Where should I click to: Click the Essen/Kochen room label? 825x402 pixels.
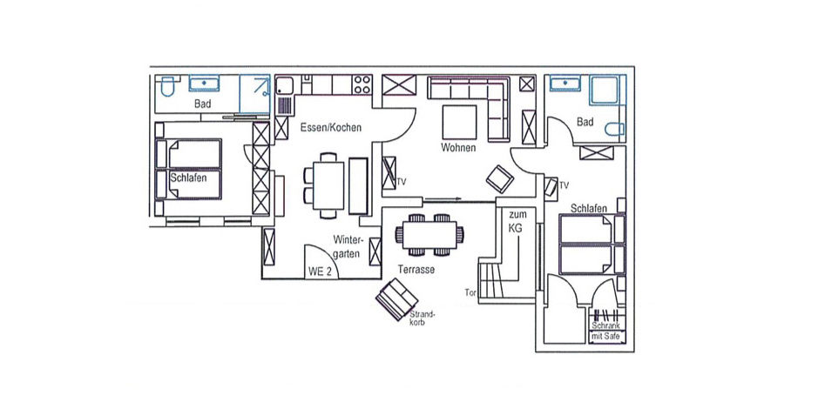331,127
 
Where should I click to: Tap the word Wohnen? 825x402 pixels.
458,148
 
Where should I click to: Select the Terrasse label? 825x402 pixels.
416,270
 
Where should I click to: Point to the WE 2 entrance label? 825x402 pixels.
320,272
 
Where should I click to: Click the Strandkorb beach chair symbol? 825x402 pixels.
396,299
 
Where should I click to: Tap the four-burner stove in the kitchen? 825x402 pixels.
362,84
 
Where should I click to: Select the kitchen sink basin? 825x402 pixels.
285,85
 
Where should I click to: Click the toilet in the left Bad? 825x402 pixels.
167,87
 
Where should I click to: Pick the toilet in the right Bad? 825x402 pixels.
614,130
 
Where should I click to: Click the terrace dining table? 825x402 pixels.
429,235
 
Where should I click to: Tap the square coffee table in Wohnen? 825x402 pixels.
459,122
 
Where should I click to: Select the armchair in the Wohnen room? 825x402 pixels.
500,178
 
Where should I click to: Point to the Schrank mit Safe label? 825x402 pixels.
606,331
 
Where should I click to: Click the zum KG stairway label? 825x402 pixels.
517,221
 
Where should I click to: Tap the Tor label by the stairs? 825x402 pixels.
470,292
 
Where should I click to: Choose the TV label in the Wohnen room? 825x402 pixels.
402,182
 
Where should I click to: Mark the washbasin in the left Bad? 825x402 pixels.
204,83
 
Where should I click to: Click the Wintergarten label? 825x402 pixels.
348,246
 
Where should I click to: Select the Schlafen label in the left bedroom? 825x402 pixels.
188,178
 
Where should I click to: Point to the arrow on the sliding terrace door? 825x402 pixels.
443,199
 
